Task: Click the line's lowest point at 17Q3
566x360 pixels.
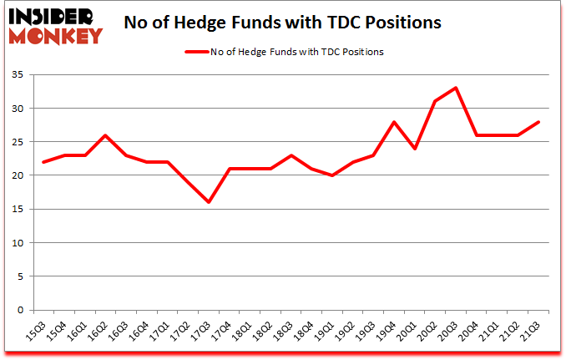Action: [209, 202]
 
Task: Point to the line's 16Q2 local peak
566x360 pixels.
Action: [105, 135]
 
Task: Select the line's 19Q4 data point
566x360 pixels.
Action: [396, 122]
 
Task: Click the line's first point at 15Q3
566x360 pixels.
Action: [43, 162]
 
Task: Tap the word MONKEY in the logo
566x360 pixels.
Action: [57, 35]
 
